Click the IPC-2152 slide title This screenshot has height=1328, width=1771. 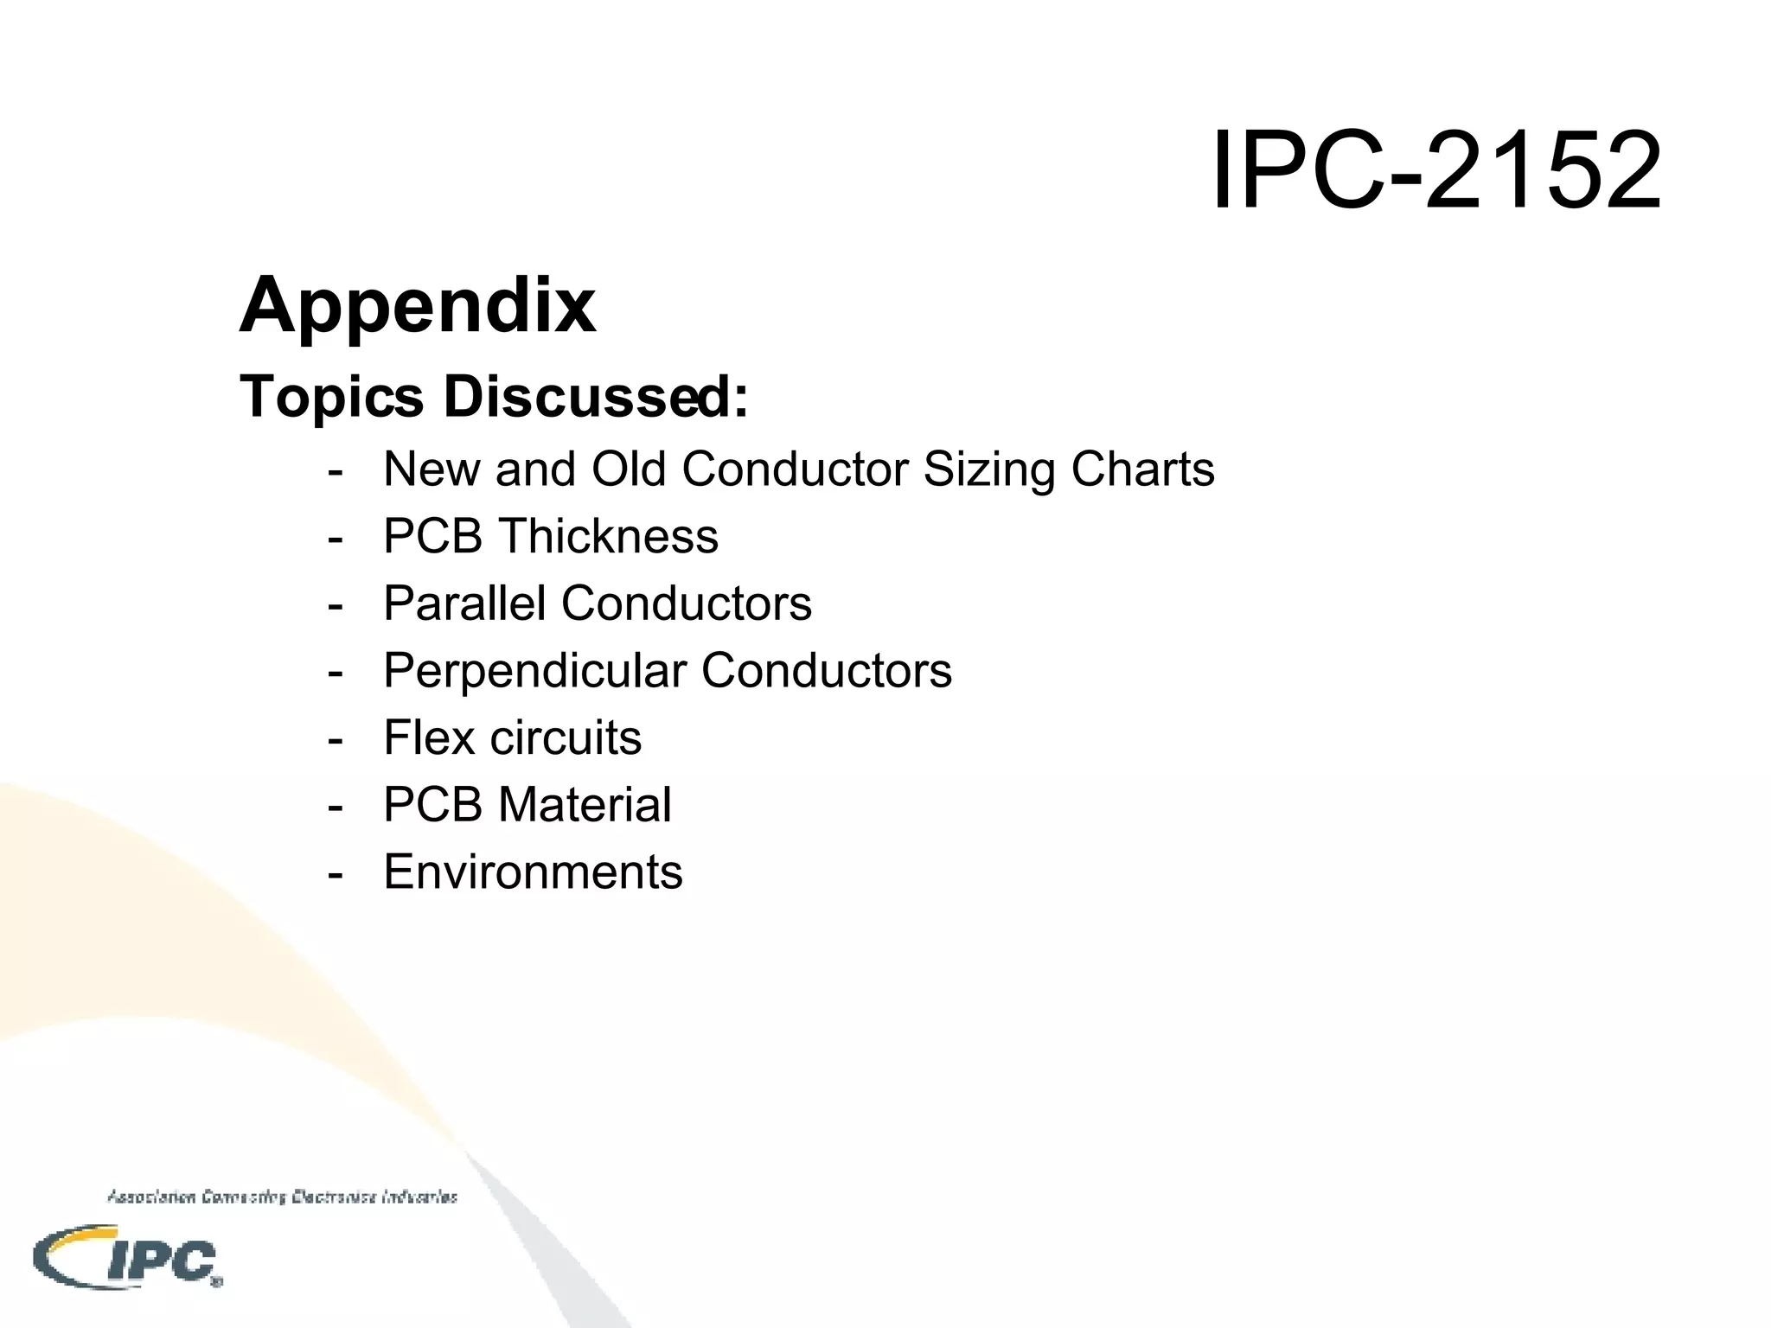tap(1436, 169)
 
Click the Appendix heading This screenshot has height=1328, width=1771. tap(418, 305)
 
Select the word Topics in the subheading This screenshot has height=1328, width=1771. tap(332, 398)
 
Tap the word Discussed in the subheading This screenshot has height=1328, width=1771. tap(596, 398)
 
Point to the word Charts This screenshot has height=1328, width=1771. tap(1142, 469)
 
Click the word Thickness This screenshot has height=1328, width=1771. tap(611, 536)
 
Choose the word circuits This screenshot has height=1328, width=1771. tap(566, 737)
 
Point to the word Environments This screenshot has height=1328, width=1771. tap(533, 871)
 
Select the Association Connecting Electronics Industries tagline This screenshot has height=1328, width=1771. tap(282, 1197)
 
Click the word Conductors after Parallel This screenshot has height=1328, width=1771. tap(687, 603)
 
